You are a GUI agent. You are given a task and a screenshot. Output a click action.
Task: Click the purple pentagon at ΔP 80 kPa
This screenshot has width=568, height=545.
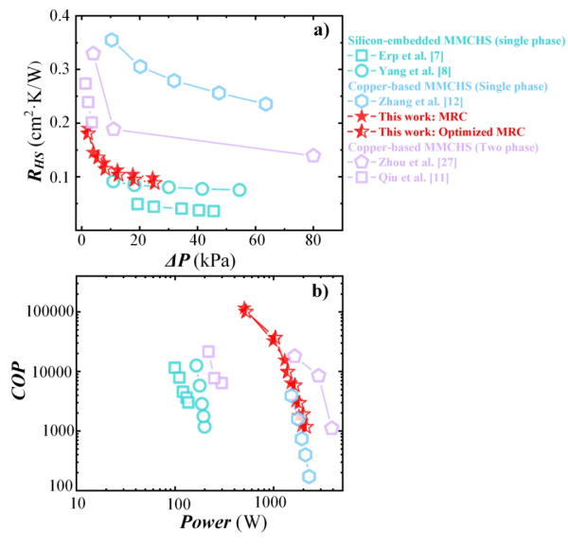(313, 155)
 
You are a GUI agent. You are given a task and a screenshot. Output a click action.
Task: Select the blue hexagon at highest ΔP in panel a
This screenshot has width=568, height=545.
(266, 104)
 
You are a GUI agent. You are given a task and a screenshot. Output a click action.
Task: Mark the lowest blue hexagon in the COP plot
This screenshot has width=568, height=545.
(309, 476)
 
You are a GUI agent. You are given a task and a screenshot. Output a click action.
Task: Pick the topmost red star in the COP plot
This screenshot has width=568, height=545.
(244, 309)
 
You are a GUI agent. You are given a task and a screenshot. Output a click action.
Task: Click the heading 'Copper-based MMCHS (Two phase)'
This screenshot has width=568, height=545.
(444, 147)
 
